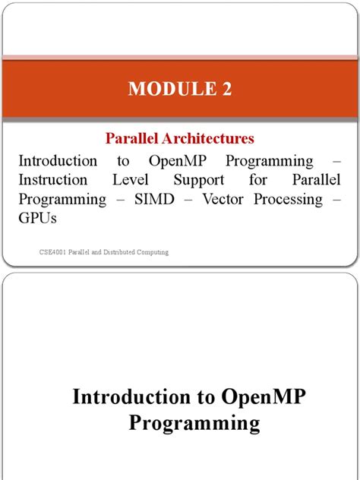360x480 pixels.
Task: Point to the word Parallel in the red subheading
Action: click(x=128, y=139)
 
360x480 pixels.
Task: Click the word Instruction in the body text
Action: click(x=57, y=180)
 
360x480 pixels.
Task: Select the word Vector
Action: click(x=217, y=199)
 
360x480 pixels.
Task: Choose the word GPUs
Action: click(x=38, y=218)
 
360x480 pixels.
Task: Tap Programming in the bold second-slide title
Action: click(x=194, y=423)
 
